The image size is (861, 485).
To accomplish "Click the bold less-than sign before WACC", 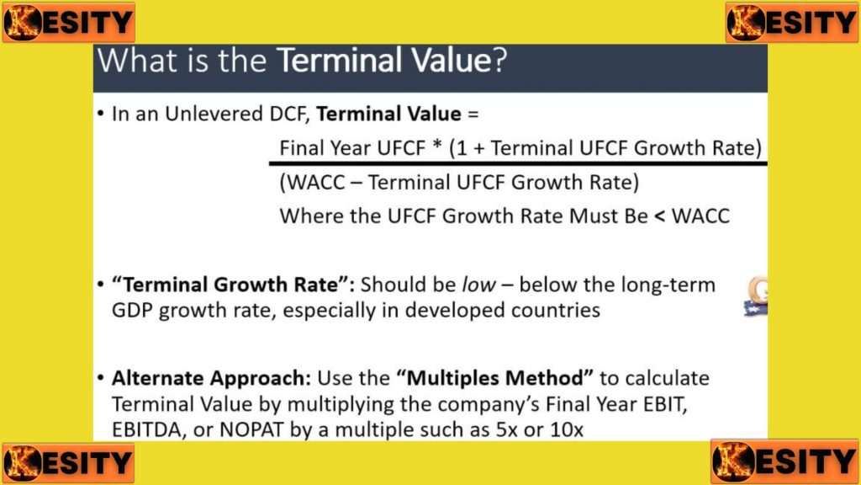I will click(x=660, y=216).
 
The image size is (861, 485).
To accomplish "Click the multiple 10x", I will click(x=567, y=429).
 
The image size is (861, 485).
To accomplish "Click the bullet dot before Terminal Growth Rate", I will click(x=100, y=285).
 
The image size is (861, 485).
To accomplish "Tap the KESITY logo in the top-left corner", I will click(x=68, y=22).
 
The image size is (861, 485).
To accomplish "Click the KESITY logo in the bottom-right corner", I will click(x=784, y=461).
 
